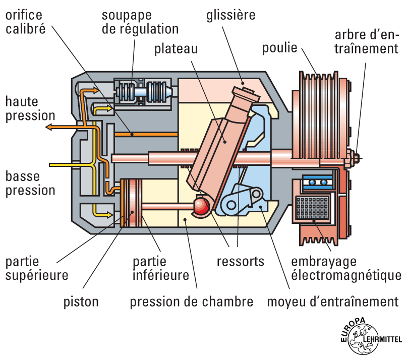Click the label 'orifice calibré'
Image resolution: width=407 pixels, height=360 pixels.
click(x=25, y=21)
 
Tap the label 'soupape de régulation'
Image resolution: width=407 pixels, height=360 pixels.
click(x=140, y=21)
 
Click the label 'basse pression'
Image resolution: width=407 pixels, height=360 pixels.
click(x=30, y=184)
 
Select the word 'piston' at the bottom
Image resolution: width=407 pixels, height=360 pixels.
click(x=81, y=302)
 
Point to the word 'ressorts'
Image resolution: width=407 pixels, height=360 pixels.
click(x=241, y=262)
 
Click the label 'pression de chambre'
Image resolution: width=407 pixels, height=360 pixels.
click(x=192, y=302)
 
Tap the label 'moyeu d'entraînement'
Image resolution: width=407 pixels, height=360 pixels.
click(x=333, y=302)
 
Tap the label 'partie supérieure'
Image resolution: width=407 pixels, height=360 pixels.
click(x=37, y=269)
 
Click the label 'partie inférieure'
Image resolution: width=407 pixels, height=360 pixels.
click(x=160, y=269)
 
